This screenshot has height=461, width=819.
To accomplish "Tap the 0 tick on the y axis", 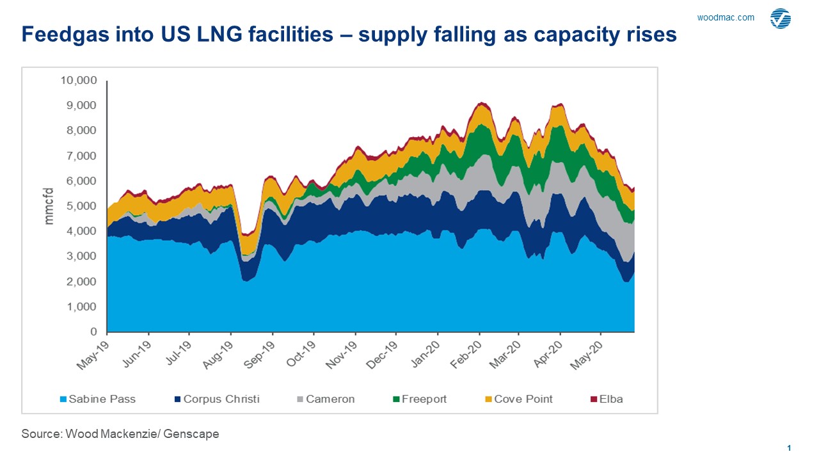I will (x=93, y=332).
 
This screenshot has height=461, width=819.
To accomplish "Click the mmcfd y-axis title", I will (x=49, y=206).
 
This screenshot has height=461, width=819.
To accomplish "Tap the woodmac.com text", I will (x=726, y=18).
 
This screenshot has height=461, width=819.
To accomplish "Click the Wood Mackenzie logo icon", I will (x=781, y=19).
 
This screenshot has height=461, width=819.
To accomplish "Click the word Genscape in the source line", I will (x=191, y=434).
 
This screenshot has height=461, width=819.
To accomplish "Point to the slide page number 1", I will (x=790, y=448).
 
